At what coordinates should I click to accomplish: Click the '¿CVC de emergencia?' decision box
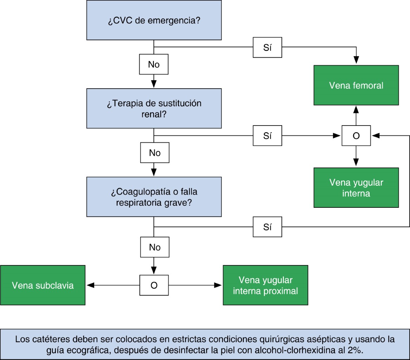(154, 20)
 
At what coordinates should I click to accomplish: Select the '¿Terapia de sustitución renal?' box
(154, 108)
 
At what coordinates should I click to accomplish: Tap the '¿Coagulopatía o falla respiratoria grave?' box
(154, 197)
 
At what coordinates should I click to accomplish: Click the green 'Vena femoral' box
(356, 85)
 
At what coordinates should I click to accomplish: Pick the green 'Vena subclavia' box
(43, 285)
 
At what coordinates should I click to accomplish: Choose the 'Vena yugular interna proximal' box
(265, 285)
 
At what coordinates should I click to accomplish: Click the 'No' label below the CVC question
(154, 64)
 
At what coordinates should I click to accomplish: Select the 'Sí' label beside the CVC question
(267, 47)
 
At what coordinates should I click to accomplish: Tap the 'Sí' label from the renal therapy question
(267, 136)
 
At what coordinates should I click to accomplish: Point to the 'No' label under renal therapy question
(154, 153)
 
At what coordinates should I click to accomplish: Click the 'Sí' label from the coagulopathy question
(267, 227)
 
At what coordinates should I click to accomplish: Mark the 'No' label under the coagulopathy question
(154, 247)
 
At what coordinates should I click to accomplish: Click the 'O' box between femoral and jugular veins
(356, 136)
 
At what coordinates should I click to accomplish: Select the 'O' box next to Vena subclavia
(154, 285)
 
